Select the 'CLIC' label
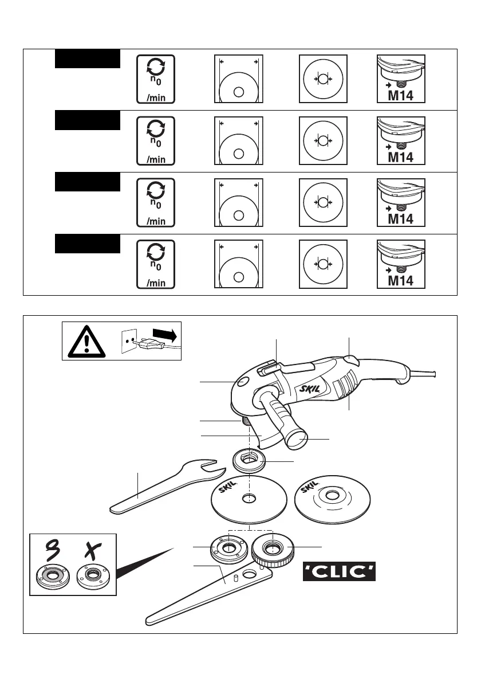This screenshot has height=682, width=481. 339,571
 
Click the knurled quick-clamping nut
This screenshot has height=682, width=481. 274,548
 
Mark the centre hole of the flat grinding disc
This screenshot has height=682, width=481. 249,499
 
